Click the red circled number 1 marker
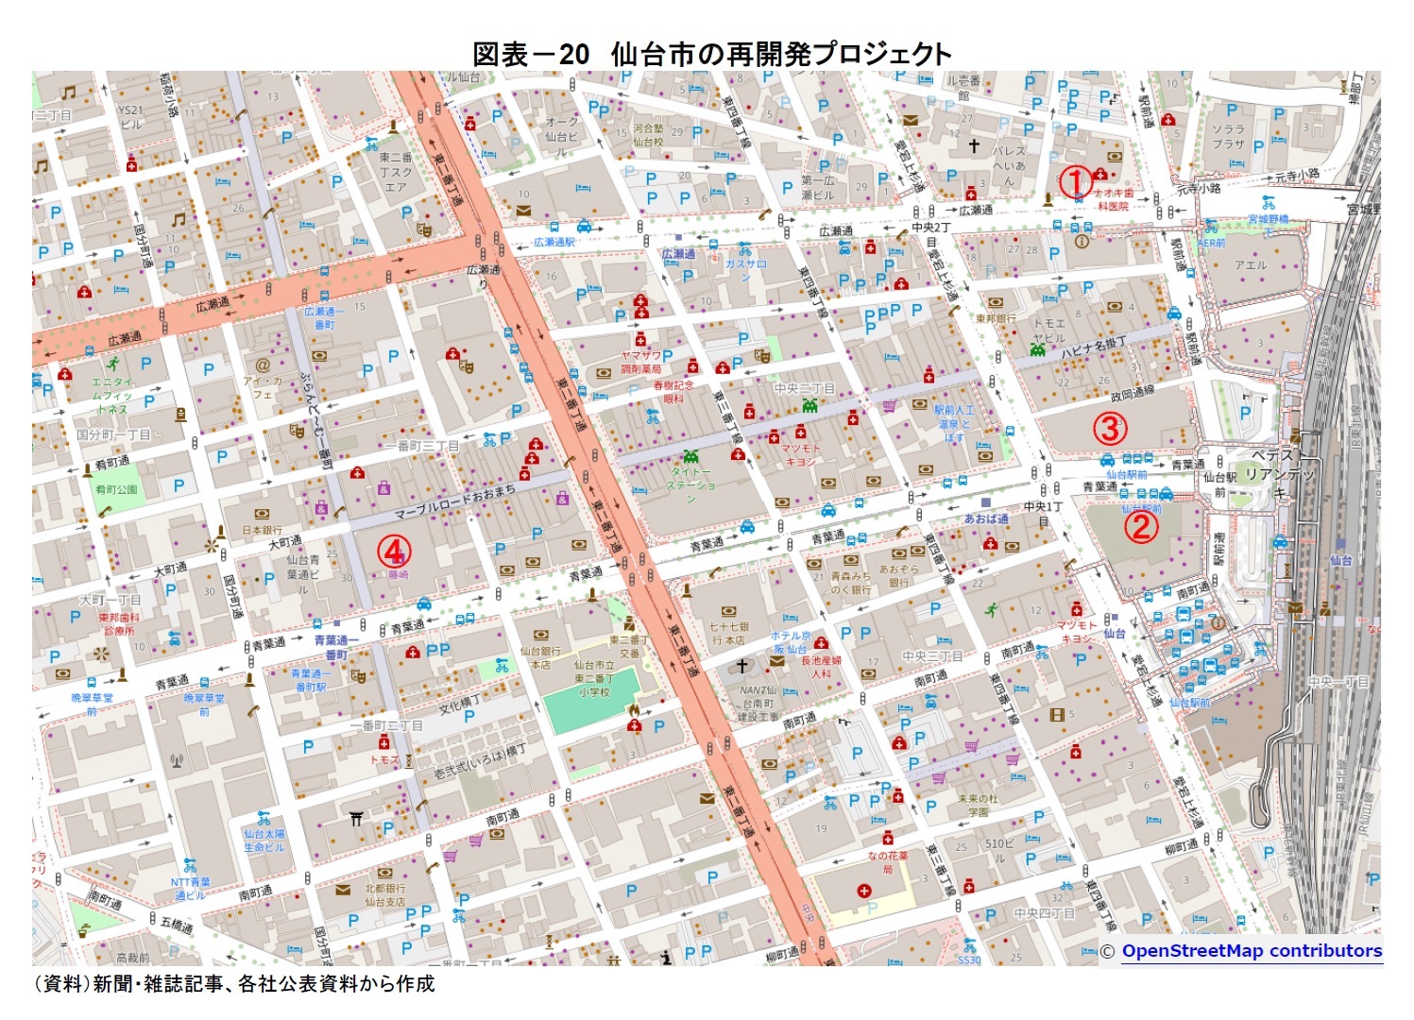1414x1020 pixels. point(1074,179)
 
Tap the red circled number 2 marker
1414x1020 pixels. point(1140,527)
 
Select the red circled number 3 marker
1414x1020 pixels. point(1110,428)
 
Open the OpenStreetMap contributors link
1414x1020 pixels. point(1251,951)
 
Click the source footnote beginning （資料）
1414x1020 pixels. point(234,984)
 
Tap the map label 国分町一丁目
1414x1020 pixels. point(113,434)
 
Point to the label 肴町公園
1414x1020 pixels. point(115,489)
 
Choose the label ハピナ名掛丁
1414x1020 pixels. point(1093,348)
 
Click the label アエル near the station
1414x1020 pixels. point(1250,265)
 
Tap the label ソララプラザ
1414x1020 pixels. point(1228,136)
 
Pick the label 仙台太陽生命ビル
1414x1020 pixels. point(264,841)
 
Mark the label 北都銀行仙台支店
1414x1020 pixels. point(384,894)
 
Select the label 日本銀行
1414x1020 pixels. point(262,530)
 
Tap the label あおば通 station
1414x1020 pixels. point(985,518)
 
